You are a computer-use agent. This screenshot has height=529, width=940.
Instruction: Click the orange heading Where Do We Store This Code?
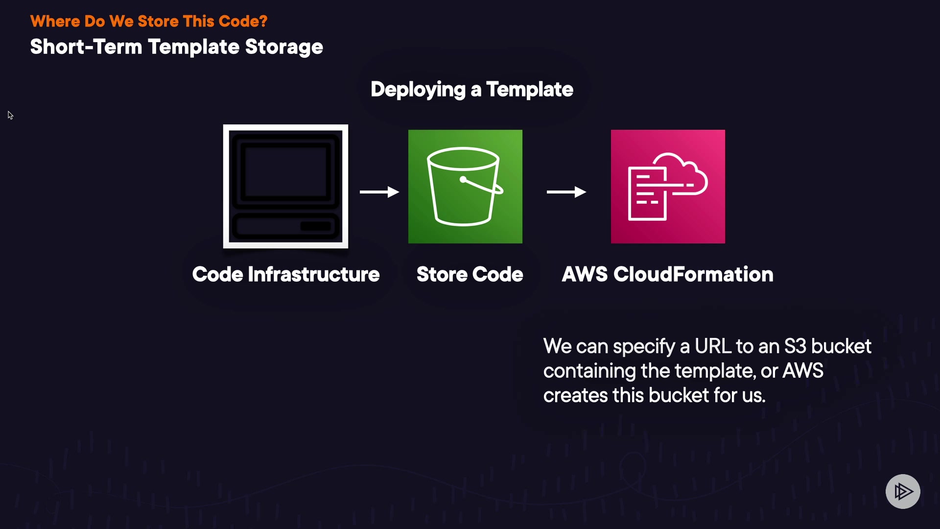(149, 22)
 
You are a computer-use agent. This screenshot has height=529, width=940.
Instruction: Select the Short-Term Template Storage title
(176, 47)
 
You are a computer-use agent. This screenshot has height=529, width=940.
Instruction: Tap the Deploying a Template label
(471, 90)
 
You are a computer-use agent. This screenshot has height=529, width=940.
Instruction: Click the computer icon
(285, 186)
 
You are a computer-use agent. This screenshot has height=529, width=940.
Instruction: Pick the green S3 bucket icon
(465, 186)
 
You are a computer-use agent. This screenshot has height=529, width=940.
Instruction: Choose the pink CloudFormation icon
(668, 186)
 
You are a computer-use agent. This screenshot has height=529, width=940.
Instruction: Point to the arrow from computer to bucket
(379, 192)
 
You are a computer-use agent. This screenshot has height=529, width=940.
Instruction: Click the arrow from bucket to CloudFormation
(566, 192)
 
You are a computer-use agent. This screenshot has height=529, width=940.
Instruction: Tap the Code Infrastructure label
(286, 274)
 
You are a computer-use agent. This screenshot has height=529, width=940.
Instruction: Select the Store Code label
(470, 274)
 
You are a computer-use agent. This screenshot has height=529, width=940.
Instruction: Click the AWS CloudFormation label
(667, 274)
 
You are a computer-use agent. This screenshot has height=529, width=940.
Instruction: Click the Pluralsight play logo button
(903, 491)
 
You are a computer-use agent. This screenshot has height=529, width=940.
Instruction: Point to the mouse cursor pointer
(10, 115)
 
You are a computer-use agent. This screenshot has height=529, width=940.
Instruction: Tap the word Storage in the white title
(284, 47)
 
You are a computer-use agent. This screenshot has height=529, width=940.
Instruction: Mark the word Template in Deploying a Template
(529, 90)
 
